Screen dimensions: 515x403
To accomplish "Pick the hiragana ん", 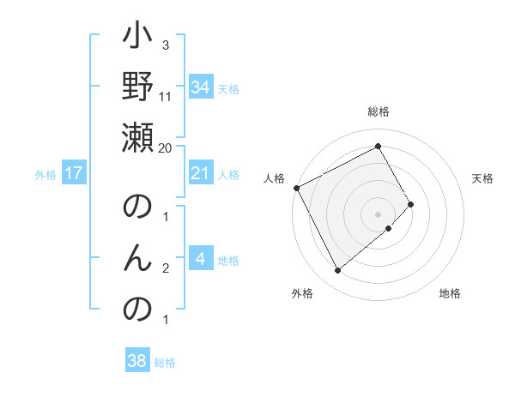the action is click(x=138, y=258).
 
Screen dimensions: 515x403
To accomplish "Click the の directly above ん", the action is click(x=138, y=208).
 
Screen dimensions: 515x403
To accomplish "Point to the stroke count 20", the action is click(x=166, y=147).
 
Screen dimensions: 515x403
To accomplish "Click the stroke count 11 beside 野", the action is click(x=166, y=96).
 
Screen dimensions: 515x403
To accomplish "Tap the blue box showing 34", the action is click(x=200, y=87).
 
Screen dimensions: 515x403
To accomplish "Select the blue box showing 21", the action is click(x=200, y=173).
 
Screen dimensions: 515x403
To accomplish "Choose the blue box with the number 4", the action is click(x=200, y=259).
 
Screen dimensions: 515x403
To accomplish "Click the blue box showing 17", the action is click(x=74, y=173).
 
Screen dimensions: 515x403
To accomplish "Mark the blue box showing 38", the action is click(x=137, y=361).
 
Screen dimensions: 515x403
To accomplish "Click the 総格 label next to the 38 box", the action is click(x=165, y=363).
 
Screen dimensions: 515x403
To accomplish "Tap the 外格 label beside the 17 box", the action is click(x=45, y=175).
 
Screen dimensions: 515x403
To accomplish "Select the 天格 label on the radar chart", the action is click(x=482, y=178).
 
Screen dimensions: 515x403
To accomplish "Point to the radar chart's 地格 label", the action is click(x=450, y=293).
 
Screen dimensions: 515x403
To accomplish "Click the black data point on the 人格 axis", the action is click(x=296, y=188).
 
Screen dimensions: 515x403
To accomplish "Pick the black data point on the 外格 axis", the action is click(x=337, y=271).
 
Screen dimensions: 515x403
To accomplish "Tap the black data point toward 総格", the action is click(x=378, y=147).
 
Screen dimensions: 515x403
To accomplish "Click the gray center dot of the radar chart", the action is click(x=378, y=214).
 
